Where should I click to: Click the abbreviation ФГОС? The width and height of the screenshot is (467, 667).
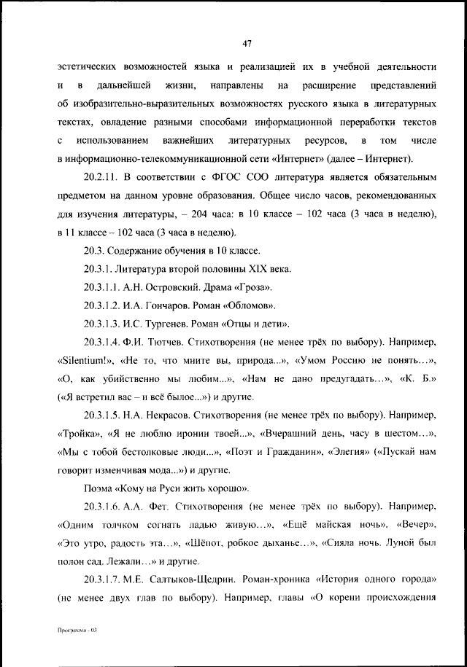[x=221, y=177]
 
